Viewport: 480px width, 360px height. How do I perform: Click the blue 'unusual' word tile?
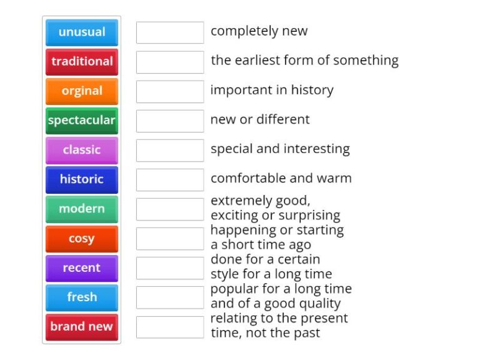82,32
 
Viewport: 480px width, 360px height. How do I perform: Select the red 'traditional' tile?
82,61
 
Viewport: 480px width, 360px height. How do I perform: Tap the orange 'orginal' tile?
82,91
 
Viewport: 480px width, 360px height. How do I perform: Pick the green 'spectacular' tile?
82,120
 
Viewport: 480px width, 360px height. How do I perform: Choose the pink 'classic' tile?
82,150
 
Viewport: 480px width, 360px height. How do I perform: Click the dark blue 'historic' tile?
82,179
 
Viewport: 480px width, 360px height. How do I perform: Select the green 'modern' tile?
82,209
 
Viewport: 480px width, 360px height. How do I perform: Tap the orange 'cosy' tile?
82,238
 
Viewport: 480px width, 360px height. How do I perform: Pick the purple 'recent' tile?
82,267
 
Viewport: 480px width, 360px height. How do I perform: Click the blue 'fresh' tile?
82,297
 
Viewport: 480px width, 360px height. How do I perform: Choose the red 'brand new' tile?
82,326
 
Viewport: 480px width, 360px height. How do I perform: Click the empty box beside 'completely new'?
170,32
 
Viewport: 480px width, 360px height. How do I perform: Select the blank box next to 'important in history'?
170,91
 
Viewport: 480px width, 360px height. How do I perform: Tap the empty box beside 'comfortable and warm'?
170,179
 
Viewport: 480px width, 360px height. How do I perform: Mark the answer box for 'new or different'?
170,121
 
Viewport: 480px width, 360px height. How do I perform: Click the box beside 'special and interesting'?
170,150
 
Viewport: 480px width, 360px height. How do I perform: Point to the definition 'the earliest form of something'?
304,61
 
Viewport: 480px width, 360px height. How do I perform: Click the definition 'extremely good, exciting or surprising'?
275,208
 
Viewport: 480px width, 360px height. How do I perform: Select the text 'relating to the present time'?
279,326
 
